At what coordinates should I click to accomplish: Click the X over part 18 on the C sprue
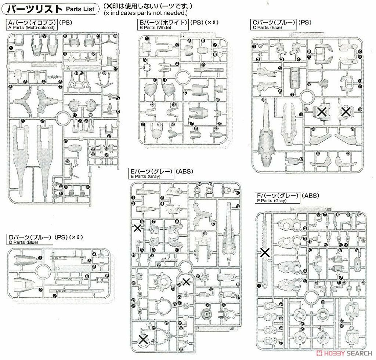point(322,112)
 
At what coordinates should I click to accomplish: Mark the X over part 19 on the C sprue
point(346,112)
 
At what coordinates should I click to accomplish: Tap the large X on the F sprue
point(264,252)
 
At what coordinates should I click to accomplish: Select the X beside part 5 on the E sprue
point(137,228)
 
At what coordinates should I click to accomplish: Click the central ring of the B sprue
point(182,77)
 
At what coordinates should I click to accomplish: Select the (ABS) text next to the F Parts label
point(310,196)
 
